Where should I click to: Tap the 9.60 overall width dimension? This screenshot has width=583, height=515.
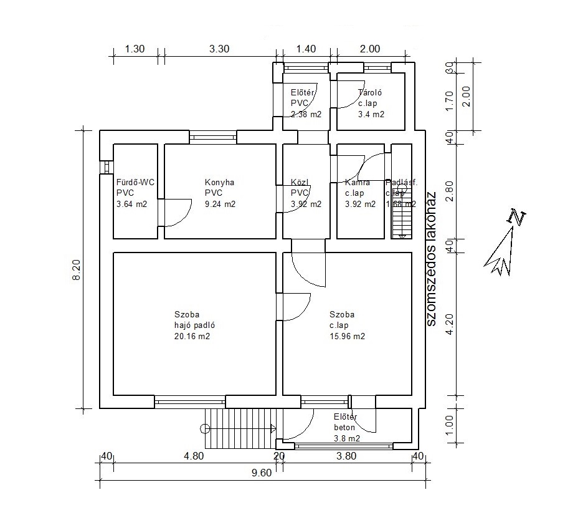(262, 472)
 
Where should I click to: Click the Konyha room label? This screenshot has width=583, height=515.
(219, 183)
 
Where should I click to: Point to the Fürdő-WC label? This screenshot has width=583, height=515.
(135, 183)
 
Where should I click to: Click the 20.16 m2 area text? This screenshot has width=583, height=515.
(192, 337)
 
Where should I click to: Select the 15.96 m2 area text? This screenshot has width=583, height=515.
(347, 337)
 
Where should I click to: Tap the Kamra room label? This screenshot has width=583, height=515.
(358, 183)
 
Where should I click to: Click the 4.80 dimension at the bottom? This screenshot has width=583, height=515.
(194, 456)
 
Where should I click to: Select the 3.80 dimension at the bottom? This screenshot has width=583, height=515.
(346, 456)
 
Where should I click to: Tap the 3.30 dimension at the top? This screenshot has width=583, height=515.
(217, 49)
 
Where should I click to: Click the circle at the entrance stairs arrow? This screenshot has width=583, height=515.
(206, 428)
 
